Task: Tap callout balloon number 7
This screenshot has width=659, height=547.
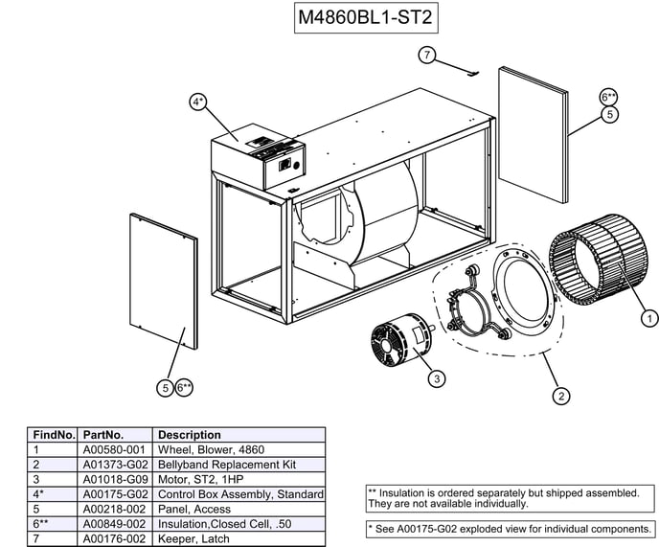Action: [x=427, y=55]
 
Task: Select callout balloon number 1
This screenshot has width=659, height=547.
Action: [x=648, y=318]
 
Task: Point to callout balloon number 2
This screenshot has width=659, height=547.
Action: [x=560, y=394]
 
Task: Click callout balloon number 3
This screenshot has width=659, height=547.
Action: [x=436, y=379]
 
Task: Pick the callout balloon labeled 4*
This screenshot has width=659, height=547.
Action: [x=197, y=103]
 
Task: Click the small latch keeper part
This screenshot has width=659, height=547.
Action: [x=468, y=70]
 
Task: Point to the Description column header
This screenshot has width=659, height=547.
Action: [x=190, y=434]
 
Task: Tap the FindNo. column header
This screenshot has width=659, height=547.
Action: [x=54, y=434]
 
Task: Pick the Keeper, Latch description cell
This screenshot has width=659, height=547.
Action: [x=194, y=539]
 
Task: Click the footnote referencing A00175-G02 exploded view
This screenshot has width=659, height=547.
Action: [x=509, y=529]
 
